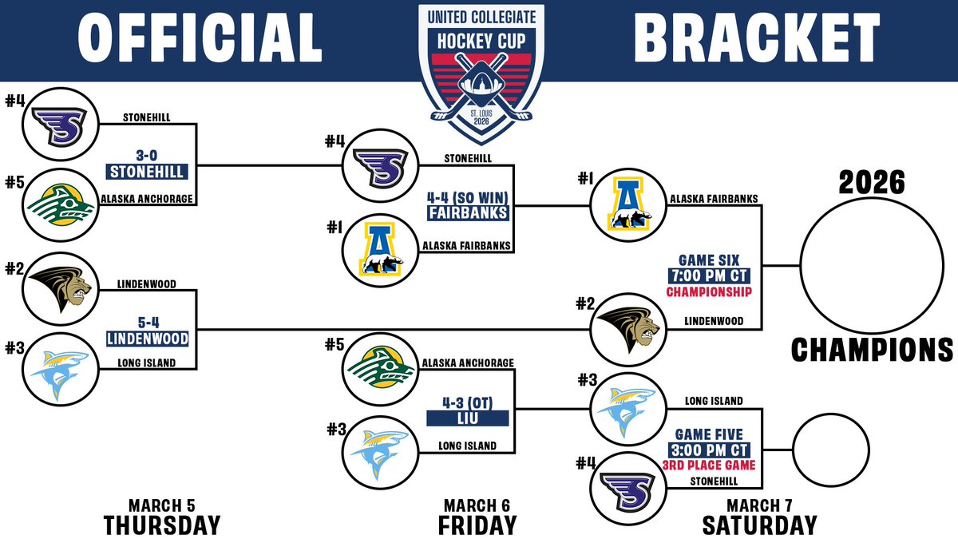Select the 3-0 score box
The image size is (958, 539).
[x=148, y=157]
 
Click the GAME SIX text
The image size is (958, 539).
[x=710, y=260]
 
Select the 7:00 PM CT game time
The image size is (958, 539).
[x=710, y=276]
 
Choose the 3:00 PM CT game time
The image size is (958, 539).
[x=710, y=450]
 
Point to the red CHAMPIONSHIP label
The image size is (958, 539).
[x=710, y=292]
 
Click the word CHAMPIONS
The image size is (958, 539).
[x=872, y=350]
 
